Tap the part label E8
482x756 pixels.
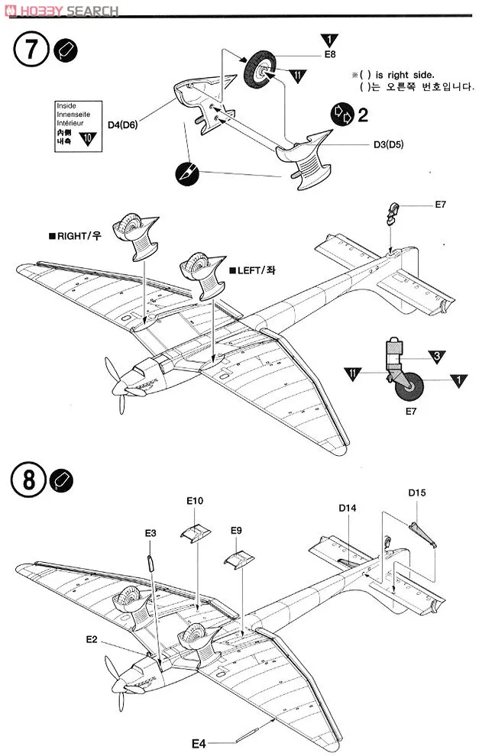(x=329, y=55)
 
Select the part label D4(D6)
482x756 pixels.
(x=122, y=124)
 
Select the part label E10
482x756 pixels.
(x=195, y=501)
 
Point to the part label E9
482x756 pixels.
(x=236, y=530)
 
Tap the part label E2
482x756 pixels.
(x=92, y=638)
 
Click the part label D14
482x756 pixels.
(x=348, y=507)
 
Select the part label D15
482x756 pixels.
(x=416, y=493)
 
